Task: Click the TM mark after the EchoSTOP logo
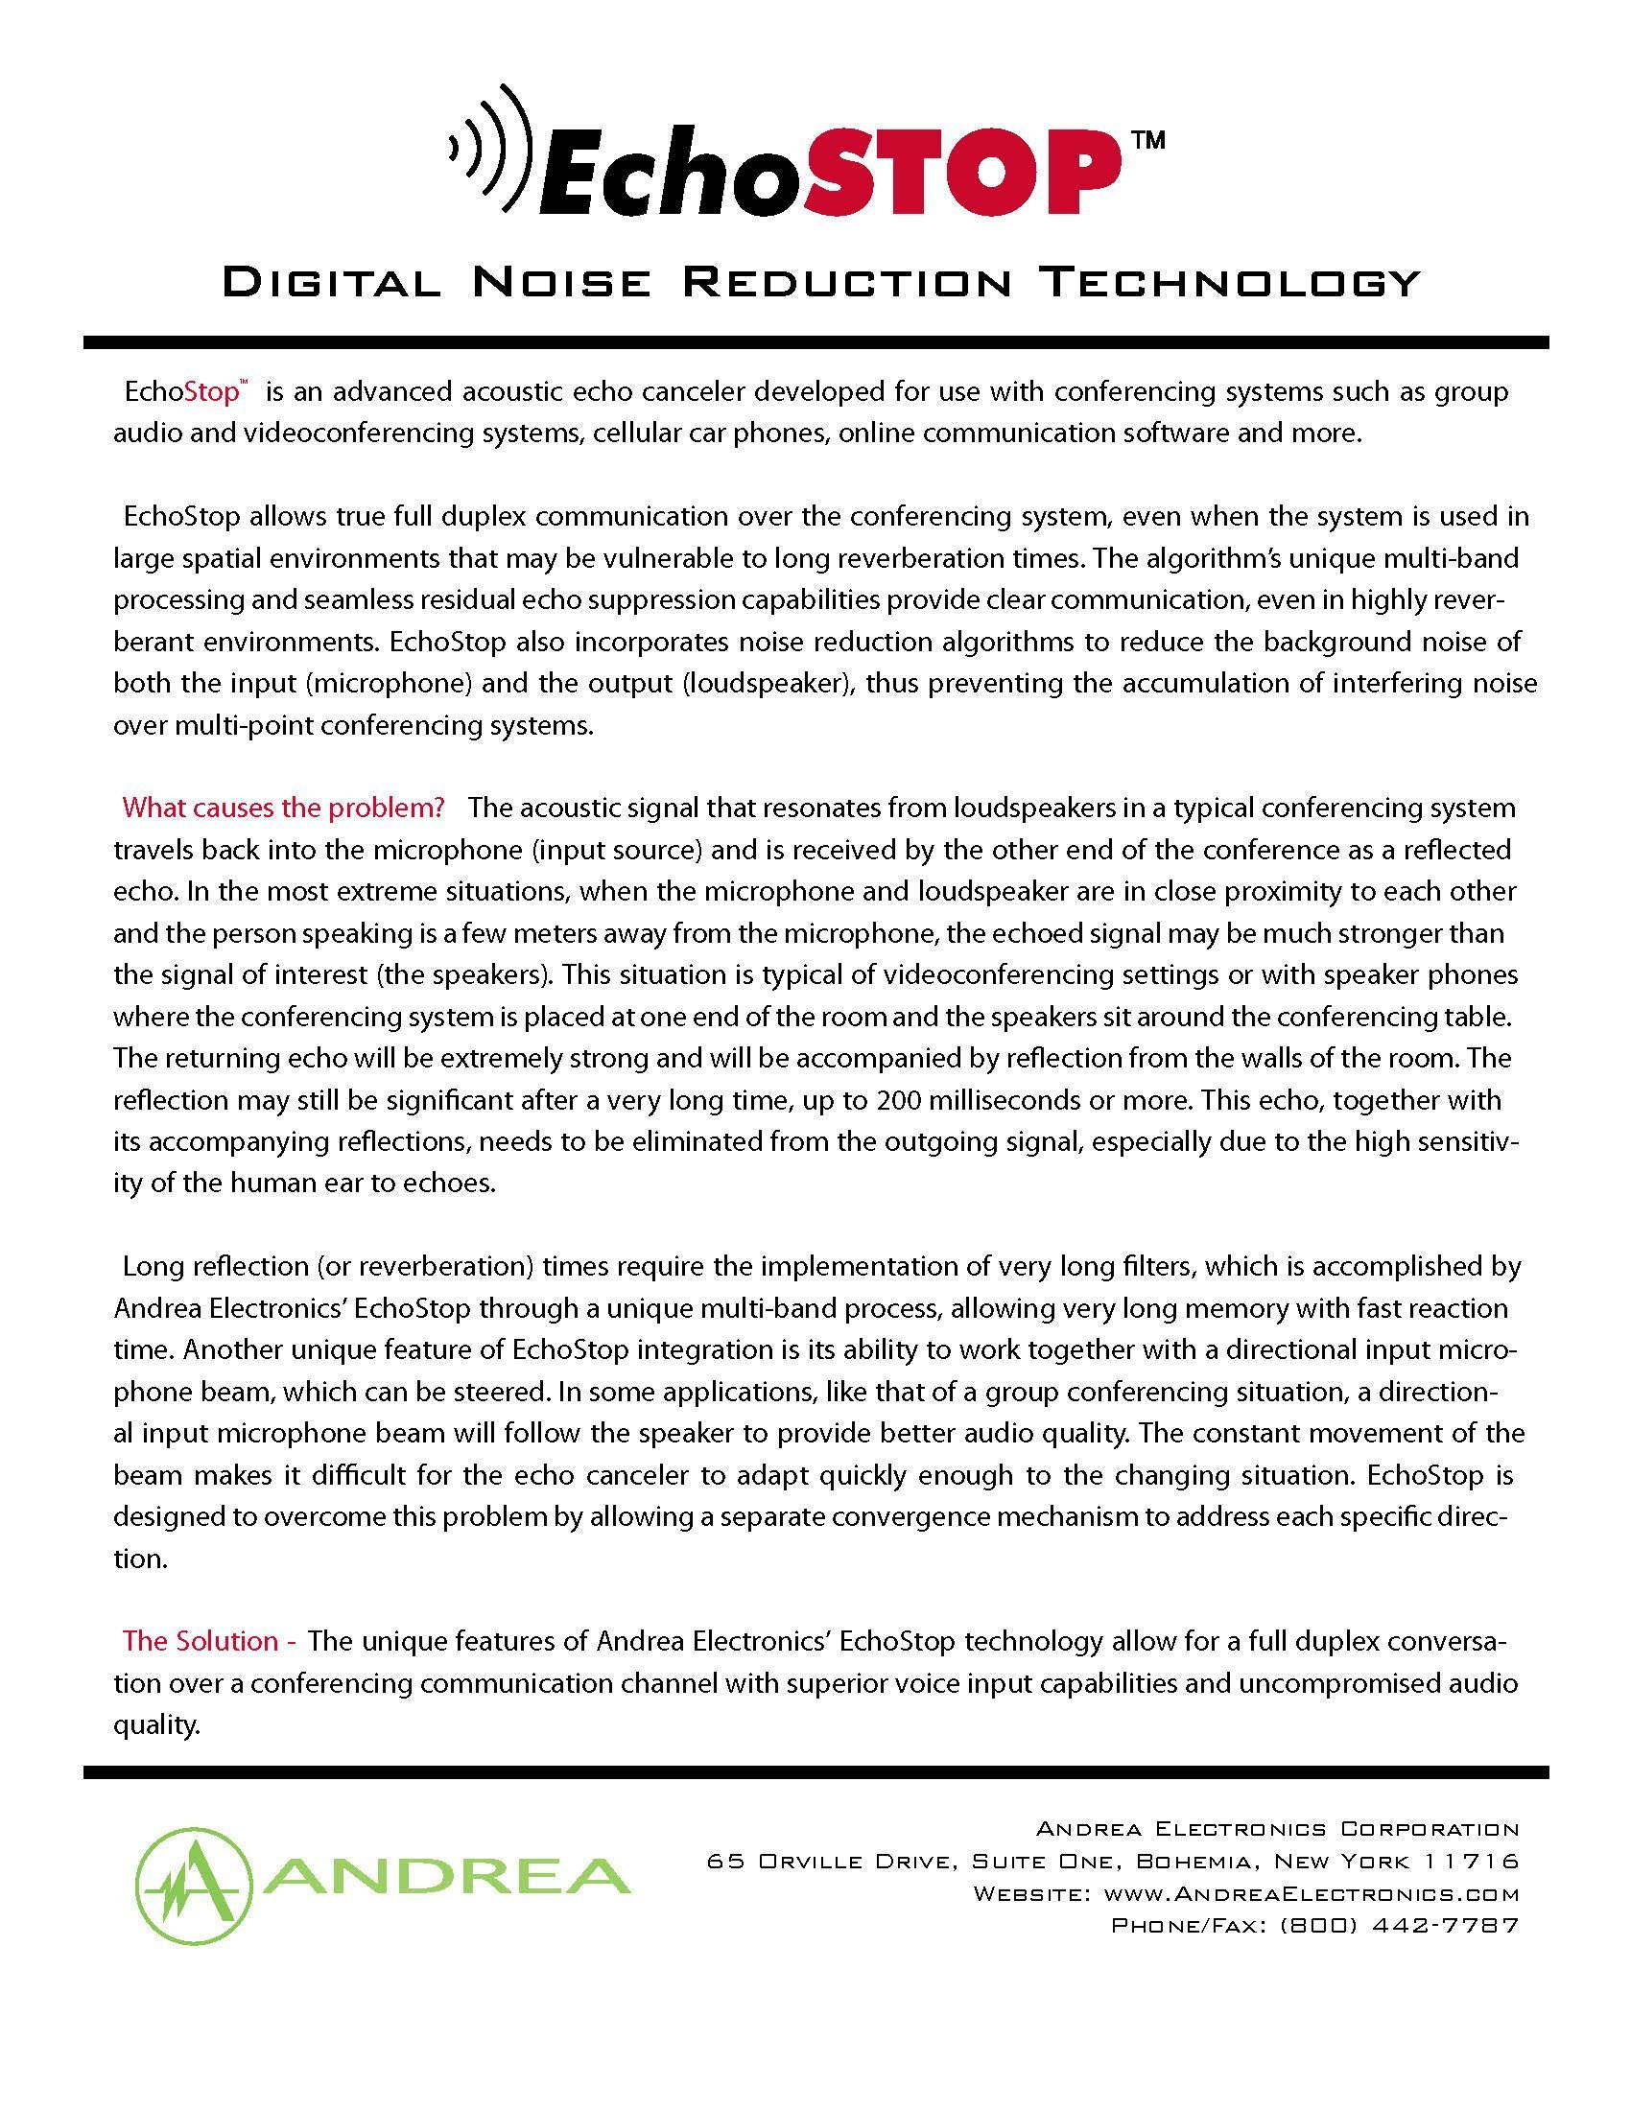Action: [x=1146, y=141]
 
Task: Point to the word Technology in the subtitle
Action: [x=1234, y=283]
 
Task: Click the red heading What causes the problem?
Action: [x=283, y=808]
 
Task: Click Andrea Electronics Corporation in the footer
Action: [x=1277, y=1829]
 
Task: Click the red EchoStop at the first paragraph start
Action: [x=181, y=393]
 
